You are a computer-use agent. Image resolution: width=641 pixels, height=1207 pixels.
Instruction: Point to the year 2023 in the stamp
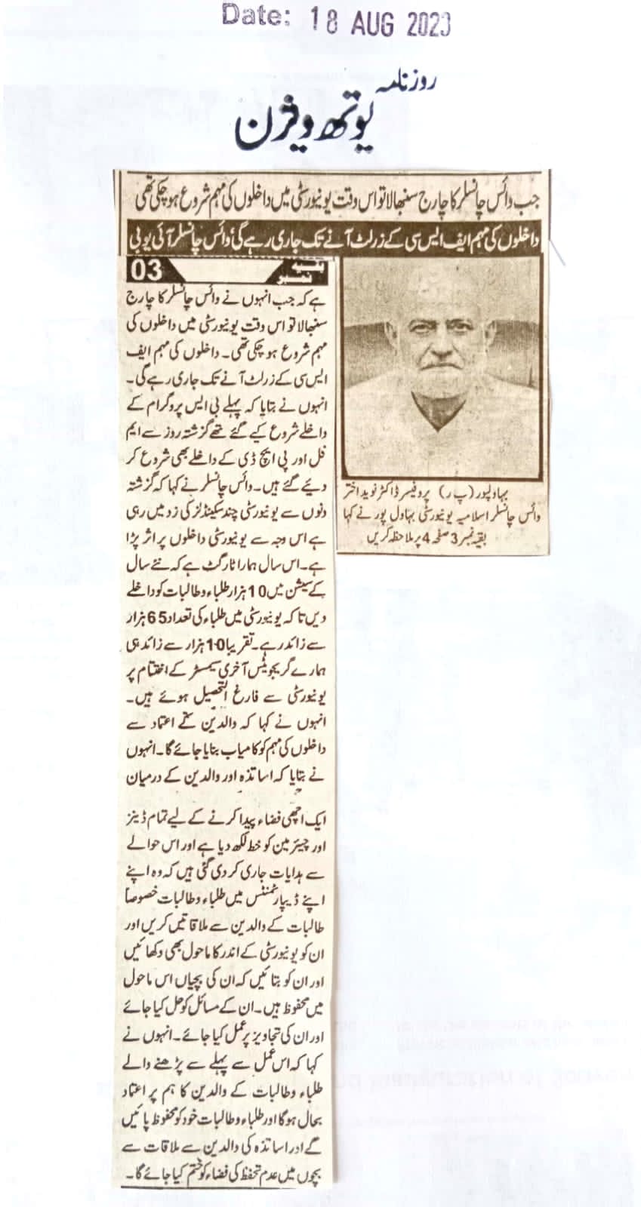tap(428, 25)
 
